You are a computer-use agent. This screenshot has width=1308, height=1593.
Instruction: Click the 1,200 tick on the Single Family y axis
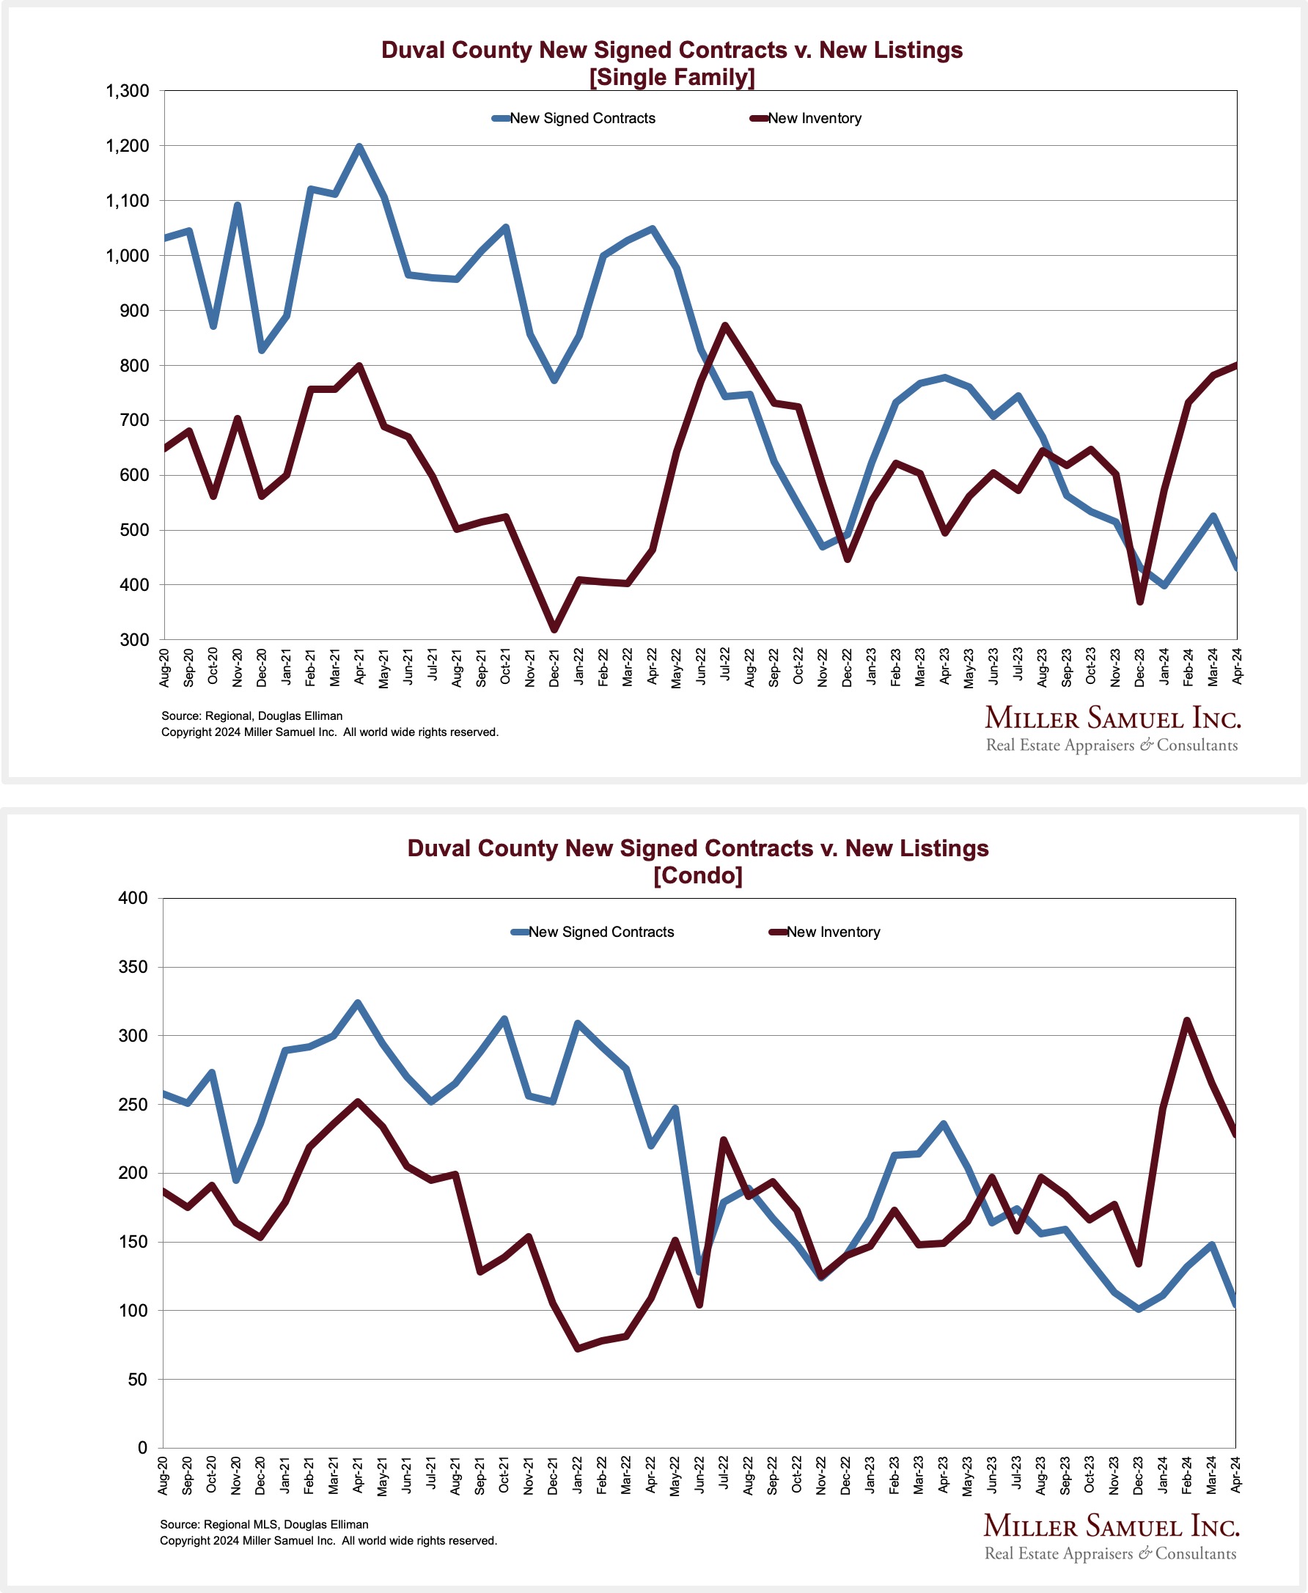tap(128, 146)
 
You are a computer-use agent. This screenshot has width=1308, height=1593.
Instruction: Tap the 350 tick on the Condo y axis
tap(133, 966)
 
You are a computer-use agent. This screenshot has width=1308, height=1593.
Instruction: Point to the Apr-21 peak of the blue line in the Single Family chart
tap(359, 147)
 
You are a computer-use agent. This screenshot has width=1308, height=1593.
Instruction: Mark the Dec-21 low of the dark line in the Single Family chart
tap(554, 629)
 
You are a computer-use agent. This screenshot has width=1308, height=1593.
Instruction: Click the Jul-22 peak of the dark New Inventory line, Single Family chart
tap(725, 325)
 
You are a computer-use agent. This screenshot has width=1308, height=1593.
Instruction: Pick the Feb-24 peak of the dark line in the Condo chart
tap(1187, 1020)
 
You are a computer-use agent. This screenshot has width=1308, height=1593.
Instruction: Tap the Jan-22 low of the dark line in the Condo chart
tap(577, 1348)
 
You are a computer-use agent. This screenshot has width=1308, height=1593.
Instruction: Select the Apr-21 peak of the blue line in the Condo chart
tap(358, 1003)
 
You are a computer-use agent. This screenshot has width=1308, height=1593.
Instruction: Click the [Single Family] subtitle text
tap(672, 77)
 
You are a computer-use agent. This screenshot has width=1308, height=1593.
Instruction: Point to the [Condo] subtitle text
tap(698, 875)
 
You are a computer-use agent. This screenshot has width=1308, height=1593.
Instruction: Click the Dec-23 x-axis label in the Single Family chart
tap(1139, 666)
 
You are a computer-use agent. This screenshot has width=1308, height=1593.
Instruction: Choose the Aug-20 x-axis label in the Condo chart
tap(163, 1475)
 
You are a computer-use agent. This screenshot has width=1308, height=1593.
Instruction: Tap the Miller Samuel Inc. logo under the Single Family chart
tap(1112, 729)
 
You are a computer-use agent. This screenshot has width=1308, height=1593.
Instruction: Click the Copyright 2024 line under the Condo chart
tap(328, 1540)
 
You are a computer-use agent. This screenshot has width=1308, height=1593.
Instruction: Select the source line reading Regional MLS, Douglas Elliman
tap(264, 1523)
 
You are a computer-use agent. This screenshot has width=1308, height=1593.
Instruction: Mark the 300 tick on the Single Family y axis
tap(134, 639)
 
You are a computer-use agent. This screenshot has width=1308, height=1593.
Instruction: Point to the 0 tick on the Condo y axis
tap(142, 1447)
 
